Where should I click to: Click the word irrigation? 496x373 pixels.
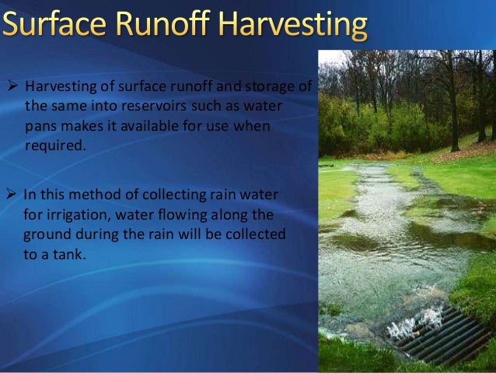click(x=81, y=213)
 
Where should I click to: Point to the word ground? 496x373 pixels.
click(x=46, y=234)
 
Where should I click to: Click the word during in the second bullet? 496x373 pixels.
click(x=96, y=234)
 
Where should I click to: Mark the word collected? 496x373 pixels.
click(x=253, y=234)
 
